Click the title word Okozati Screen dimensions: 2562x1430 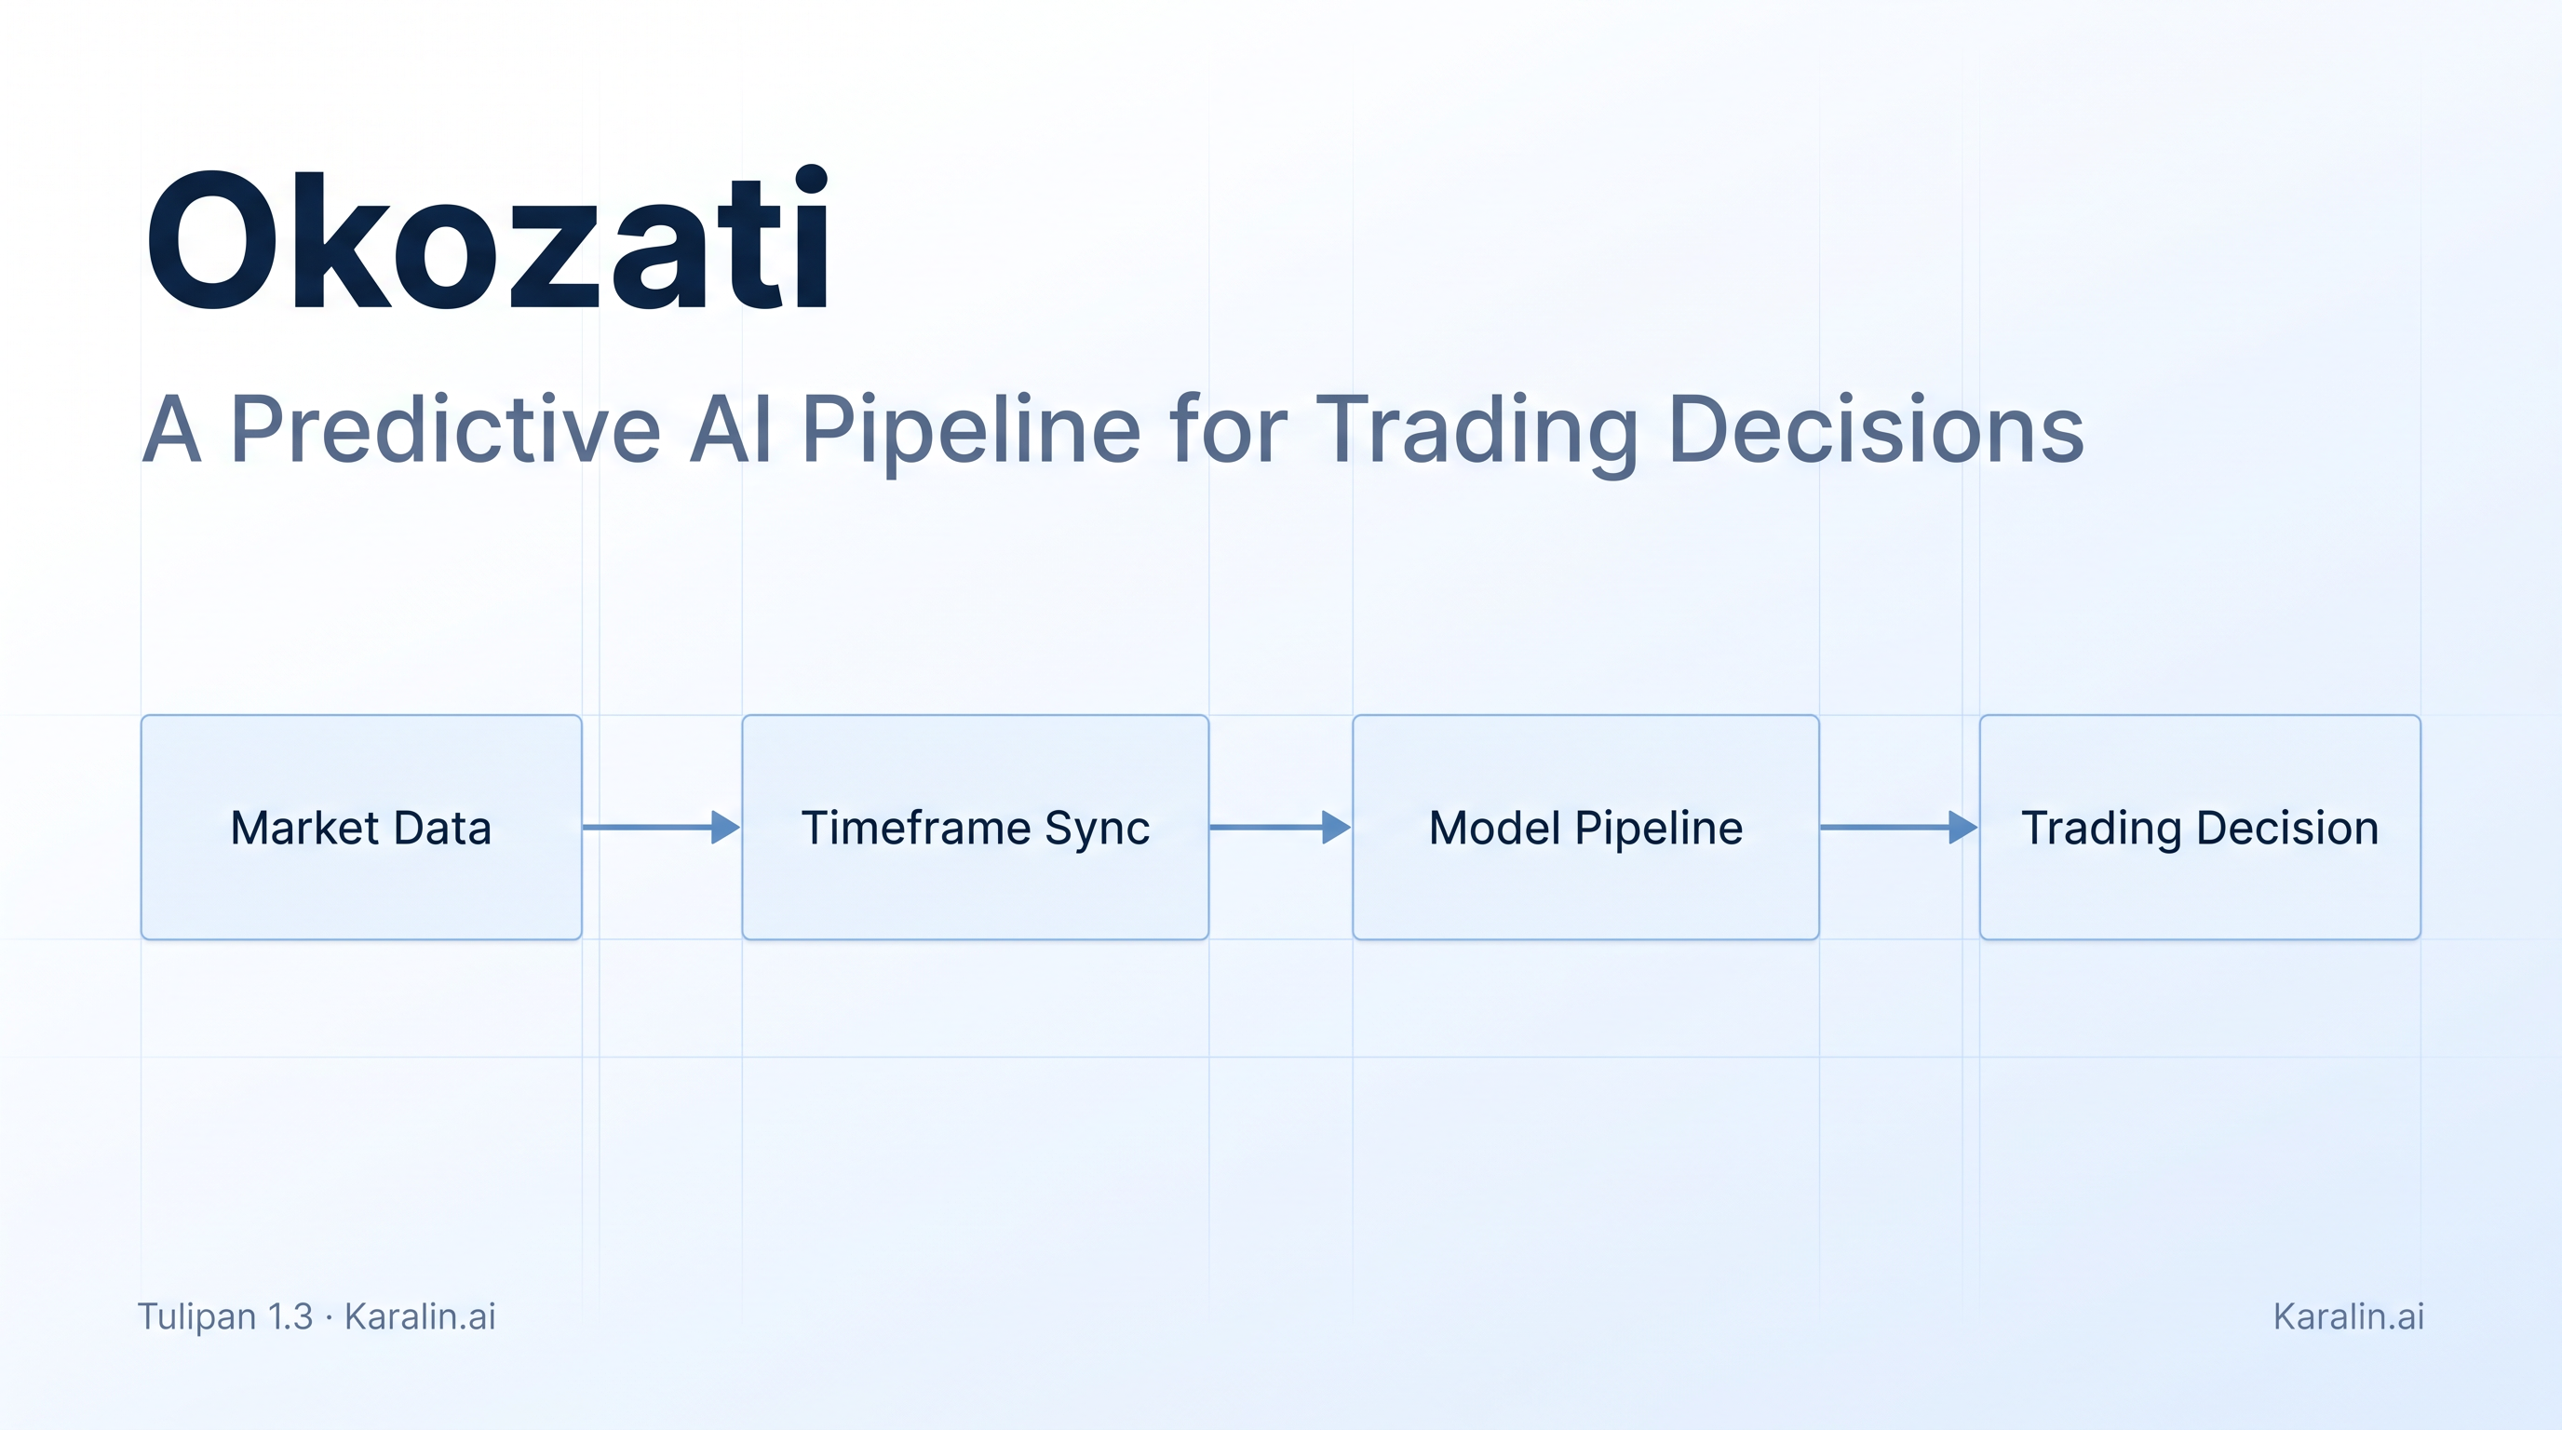487,238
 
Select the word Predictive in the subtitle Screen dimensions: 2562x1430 446,428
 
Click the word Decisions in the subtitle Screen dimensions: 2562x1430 1877,428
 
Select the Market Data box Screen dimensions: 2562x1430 361,827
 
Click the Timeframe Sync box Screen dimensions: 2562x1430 975,827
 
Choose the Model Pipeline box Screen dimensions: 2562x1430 1585,827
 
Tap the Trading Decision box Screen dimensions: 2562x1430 2200,827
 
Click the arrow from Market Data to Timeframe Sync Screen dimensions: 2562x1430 661,827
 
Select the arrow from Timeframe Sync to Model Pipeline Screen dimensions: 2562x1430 1280,827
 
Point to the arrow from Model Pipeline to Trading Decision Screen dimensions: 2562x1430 1899,827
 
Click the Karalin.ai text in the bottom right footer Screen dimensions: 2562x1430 2348,1315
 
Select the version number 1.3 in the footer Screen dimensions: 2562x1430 290,1315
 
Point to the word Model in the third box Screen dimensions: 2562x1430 1495,828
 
